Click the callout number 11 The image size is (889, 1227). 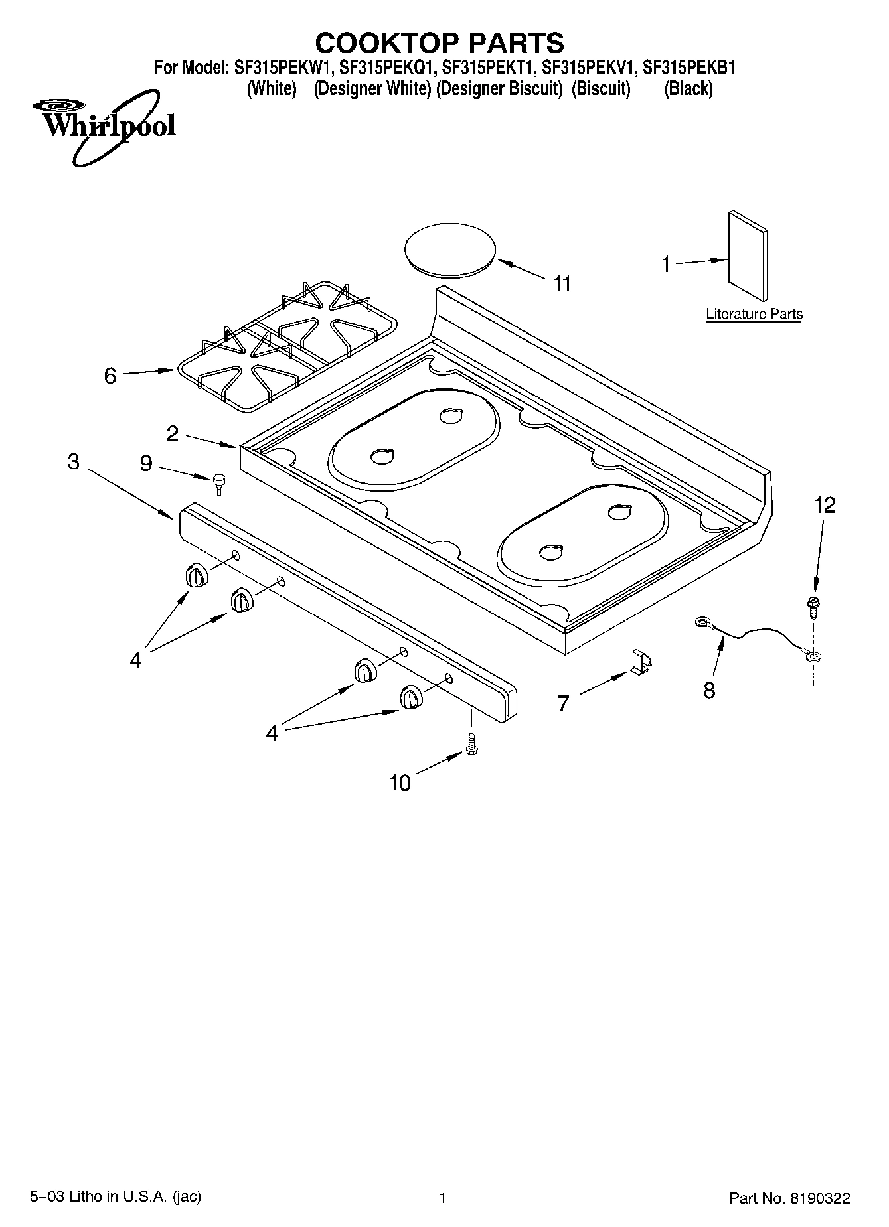pos(562,284)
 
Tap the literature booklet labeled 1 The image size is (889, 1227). pos(748,256)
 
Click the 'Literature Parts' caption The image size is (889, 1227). pos(754,314)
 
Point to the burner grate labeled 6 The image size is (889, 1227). pos(286,345)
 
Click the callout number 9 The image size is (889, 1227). pos(146,463)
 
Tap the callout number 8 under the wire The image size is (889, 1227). pos(709,690)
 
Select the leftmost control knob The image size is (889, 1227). pos(197,575)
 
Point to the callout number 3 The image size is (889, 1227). pos(74,461)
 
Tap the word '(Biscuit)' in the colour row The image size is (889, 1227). pos(600,89)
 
